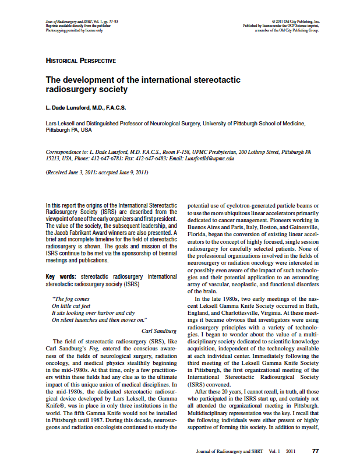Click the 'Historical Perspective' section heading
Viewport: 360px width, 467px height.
point(80,61)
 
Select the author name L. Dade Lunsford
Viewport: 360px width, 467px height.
point(86,107)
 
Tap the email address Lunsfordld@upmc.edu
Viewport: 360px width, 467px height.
point(209,158)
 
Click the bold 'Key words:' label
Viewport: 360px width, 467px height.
point(61,276)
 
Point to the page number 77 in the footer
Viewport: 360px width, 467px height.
point(315,451)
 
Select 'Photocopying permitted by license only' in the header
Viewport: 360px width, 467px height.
point(73,30)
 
